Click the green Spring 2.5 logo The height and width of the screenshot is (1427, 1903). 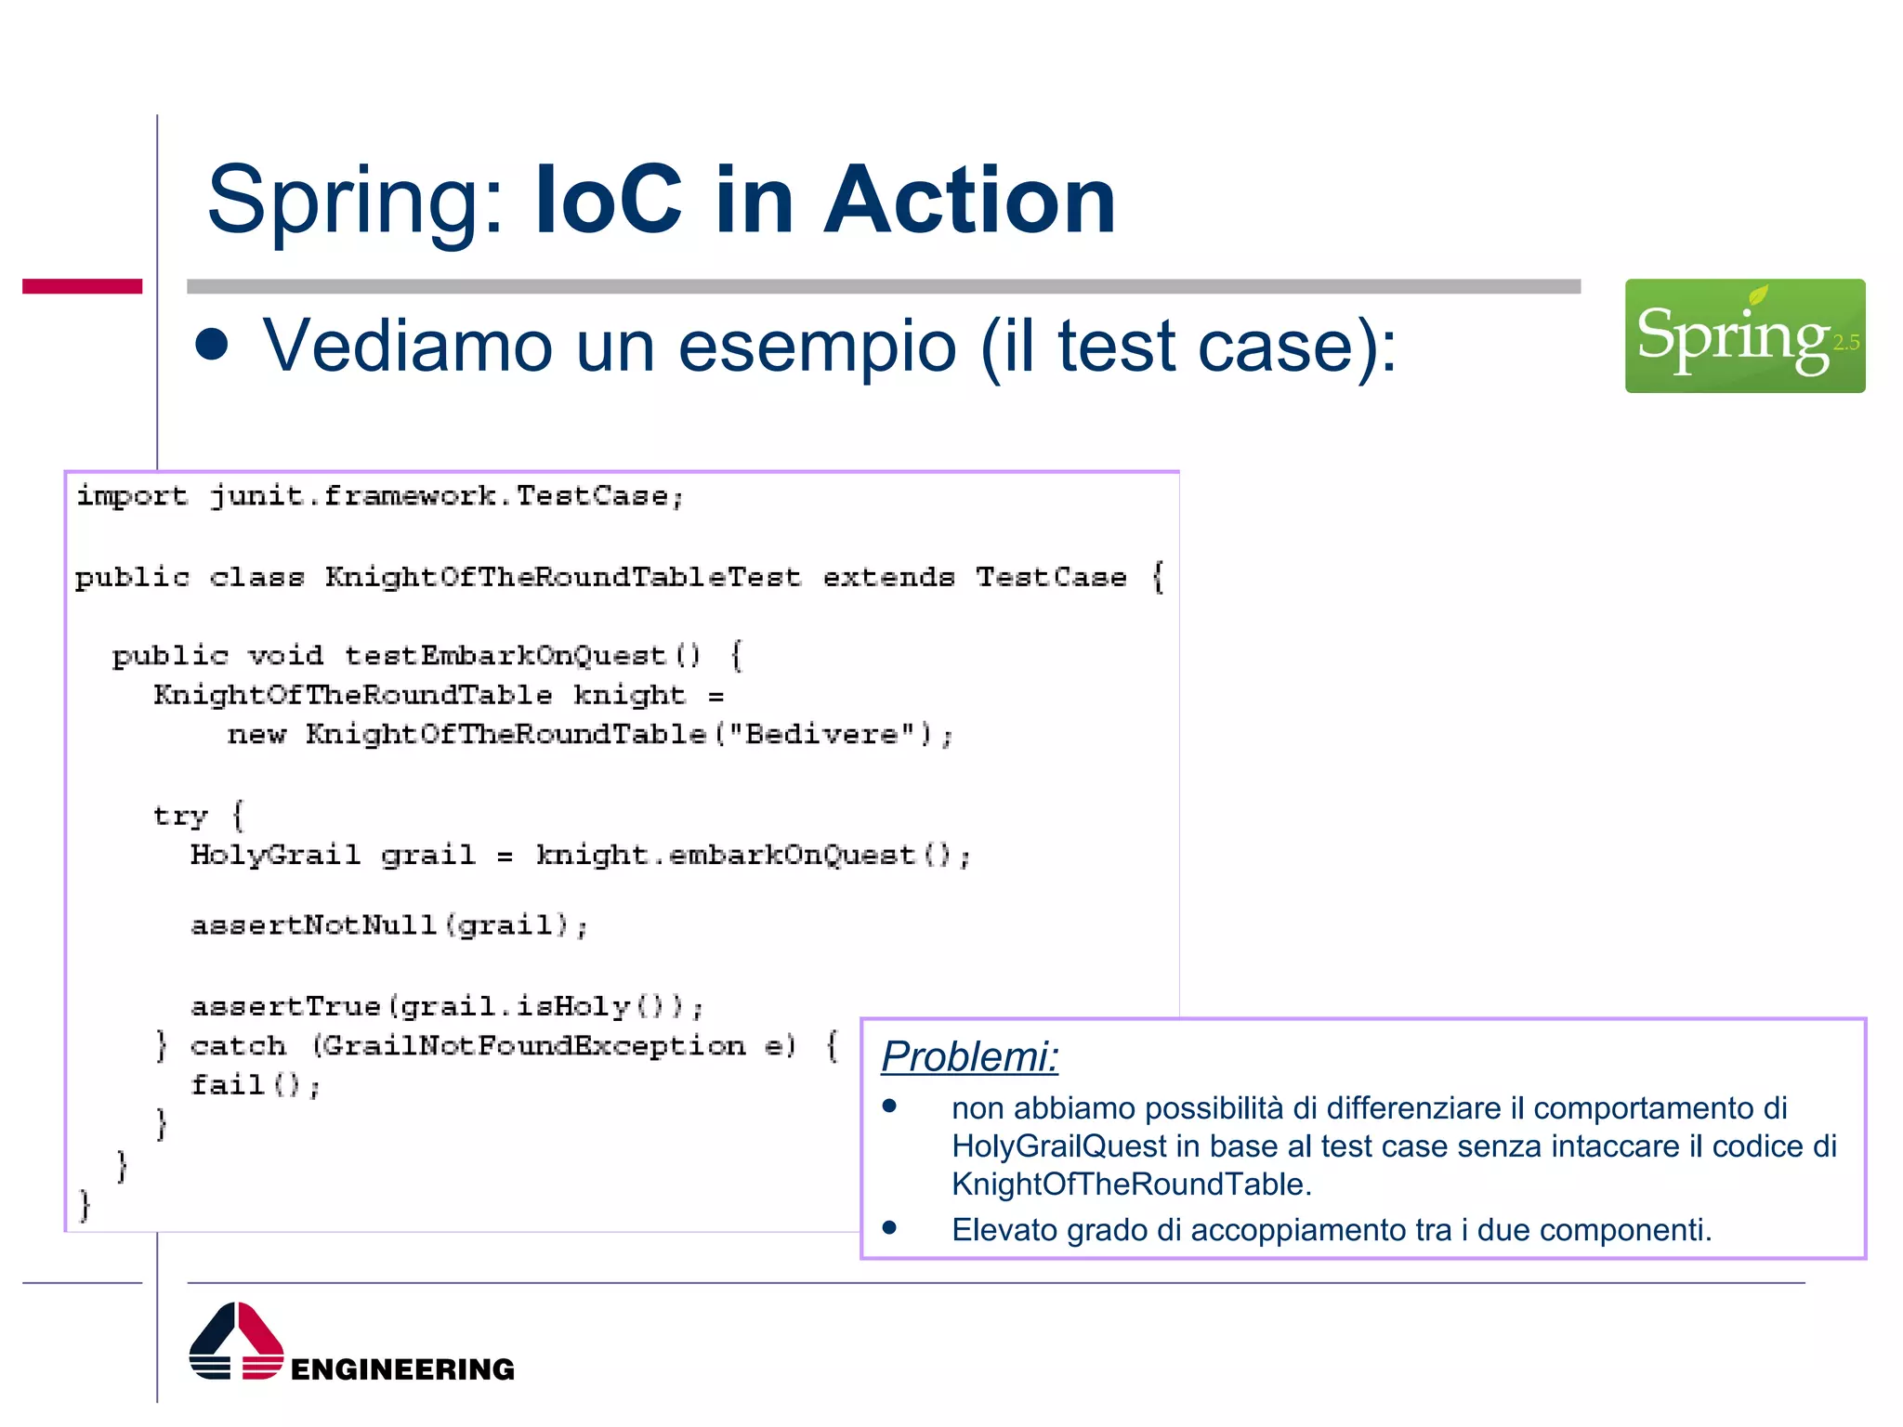pos(1744,335)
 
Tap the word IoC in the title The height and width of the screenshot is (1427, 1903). pos(609,200)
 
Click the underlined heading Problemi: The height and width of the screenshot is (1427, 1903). pos(969,1056)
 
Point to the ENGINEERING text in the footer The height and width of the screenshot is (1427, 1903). pos(402,1368)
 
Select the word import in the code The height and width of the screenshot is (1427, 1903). pos(132,496)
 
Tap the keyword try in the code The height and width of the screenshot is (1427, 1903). pos(180,816)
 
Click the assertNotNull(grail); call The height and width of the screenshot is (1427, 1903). pos(389,925)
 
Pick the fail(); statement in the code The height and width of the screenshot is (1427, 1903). pos(256,1085)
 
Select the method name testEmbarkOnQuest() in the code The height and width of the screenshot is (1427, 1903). pos(522,656)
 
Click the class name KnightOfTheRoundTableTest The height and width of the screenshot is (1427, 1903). pos(562,577)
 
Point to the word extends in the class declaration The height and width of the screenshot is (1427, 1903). pos(888,577)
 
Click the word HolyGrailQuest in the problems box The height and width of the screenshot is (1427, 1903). pos(1059,1146)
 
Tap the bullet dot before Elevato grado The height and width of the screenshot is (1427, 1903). pos(889,1228)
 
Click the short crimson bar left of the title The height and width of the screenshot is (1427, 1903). pos(82,286)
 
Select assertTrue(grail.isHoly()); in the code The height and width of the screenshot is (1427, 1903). pos(447,1006)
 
